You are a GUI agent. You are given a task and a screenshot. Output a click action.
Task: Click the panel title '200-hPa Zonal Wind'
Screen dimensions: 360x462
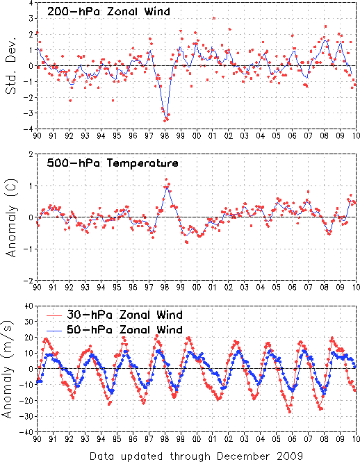108,11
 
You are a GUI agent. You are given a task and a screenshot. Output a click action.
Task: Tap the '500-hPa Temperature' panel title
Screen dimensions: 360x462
113,163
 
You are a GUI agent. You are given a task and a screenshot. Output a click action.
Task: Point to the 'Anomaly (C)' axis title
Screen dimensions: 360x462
11,217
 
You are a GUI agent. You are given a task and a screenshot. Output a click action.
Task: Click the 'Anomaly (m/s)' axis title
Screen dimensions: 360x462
7,369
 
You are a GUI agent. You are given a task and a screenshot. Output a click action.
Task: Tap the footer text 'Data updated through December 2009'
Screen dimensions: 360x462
196,456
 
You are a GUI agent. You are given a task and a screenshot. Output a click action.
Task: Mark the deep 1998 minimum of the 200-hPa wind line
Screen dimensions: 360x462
166,117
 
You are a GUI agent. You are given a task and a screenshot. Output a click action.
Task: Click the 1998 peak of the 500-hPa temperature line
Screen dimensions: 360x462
166,186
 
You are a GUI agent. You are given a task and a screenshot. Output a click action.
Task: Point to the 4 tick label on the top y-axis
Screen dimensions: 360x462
31,3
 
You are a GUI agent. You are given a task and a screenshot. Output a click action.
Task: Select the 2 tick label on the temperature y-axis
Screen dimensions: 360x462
31,154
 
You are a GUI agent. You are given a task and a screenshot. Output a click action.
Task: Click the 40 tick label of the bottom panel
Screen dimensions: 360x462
29,306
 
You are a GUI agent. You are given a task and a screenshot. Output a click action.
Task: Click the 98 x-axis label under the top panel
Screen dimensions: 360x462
165,136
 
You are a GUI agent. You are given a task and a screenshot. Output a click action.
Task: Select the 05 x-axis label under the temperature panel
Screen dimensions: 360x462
277,288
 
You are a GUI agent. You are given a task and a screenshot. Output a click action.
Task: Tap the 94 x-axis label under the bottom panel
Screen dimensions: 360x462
101,439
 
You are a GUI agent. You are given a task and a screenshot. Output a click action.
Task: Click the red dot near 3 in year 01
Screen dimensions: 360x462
214,18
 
